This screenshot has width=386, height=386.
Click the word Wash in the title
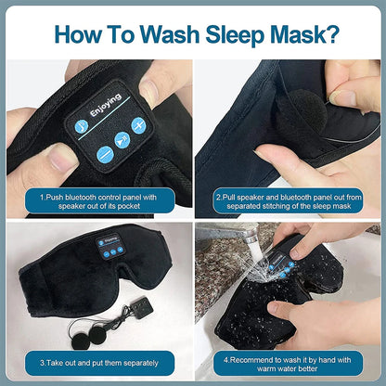click(x=169, y=35)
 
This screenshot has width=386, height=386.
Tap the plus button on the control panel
click(x=139, y=126)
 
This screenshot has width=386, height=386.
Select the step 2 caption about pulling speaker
click(x=289, y=200)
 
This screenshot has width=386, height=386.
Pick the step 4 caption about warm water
click(x=289, y=361)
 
